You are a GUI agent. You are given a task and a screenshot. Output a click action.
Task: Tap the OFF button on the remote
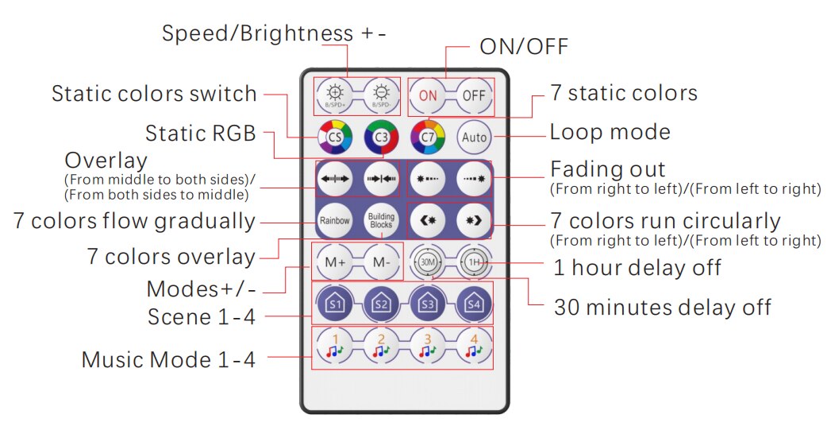point(474,95)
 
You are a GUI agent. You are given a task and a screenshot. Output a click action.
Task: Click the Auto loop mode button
point(474,138)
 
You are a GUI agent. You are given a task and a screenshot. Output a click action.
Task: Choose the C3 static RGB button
point(381,138)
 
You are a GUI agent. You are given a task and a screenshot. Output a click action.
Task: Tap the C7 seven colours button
point(428,138)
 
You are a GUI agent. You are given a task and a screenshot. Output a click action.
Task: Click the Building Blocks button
point(381,220)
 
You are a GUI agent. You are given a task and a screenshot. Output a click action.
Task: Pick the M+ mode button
point(334,262)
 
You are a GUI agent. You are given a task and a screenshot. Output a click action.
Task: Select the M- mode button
point(381,262)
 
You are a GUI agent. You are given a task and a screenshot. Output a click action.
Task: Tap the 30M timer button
point(428,262)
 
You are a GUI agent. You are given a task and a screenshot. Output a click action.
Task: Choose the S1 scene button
point(334,303)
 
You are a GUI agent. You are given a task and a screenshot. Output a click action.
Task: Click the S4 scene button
point(474,303)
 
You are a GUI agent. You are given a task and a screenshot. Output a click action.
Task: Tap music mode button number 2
point(381,346)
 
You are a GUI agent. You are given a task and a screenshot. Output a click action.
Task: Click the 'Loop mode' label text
point(610,132)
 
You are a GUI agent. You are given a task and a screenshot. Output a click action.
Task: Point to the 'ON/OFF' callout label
point(524,47)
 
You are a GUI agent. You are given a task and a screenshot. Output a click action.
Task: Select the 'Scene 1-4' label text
point(202,316)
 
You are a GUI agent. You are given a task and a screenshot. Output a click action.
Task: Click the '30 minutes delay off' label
point(662,307)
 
